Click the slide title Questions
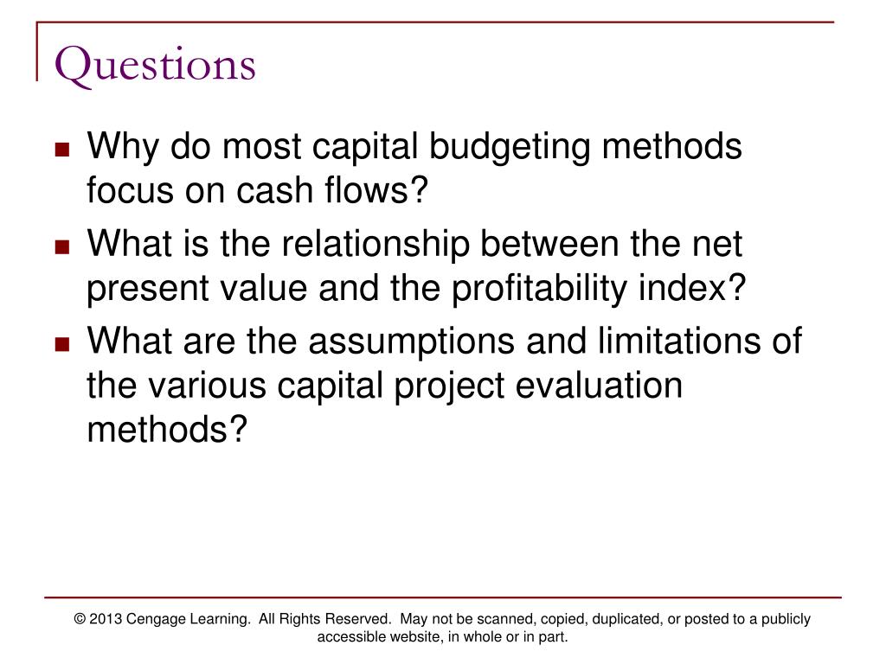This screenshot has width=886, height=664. [x=156, y=66]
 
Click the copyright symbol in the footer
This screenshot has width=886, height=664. [x=80, y=619]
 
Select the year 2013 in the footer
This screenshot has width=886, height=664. [x=107, y=619]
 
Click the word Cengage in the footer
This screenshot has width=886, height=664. [x=158, y=619]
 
